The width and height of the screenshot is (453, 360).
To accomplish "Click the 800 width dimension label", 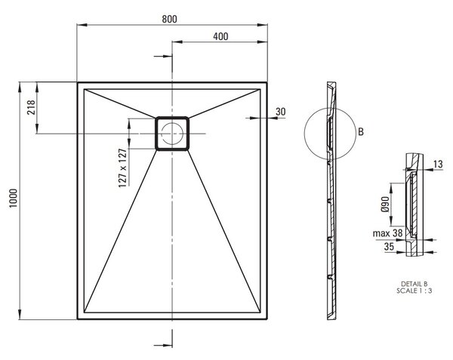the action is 169,19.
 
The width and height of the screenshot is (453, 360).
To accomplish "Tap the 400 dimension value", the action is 220,36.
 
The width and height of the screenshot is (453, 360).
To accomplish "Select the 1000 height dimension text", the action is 14,198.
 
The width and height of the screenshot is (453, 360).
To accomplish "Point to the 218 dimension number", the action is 31,107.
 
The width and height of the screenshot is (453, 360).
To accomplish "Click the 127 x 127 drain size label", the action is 123,168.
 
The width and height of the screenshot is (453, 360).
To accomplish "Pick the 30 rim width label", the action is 280,112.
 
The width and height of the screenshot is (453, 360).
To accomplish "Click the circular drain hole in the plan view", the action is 172,134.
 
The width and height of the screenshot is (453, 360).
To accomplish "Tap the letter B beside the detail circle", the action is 361,131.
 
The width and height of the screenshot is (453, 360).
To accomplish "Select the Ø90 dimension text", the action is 385,205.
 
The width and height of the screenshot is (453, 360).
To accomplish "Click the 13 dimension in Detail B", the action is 438,164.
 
